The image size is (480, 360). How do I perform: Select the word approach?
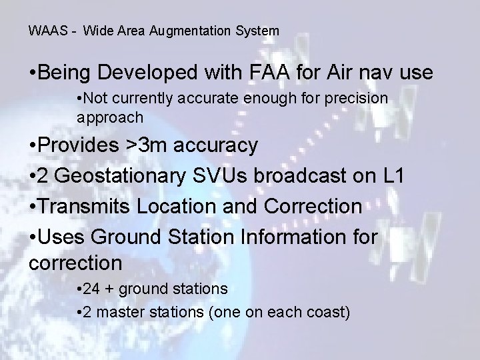pos(109,117)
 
